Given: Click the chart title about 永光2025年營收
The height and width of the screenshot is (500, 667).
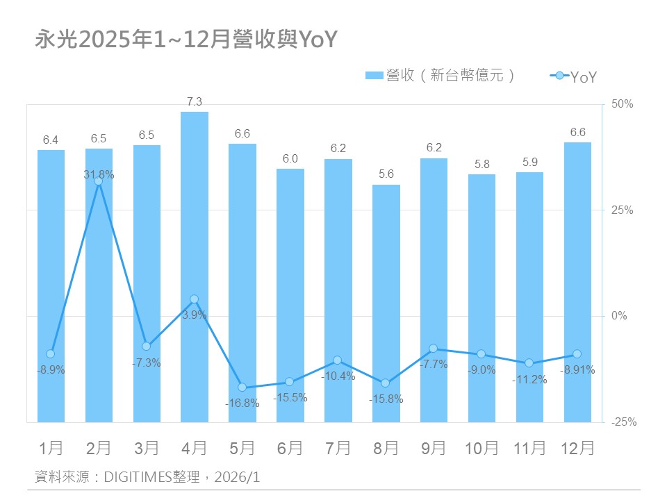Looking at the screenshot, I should coord(186,40).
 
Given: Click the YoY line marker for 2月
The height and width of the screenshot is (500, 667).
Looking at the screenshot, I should coord(99,181).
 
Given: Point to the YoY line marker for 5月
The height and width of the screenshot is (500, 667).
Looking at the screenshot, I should coord(242,387).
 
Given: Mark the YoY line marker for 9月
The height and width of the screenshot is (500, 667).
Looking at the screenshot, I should coord(434,348).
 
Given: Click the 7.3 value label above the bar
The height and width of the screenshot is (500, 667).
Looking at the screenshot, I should coord(195,101).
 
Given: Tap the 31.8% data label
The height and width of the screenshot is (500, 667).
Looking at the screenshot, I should coord(99,175).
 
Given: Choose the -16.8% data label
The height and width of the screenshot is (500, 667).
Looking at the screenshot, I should coord(242,403).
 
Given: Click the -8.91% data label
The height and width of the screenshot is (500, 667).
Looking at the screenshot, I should coord(578,370).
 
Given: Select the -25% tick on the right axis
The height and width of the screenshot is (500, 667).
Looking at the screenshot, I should coord(623,422).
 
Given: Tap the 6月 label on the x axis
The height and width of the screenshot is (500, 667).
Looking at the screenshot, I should coord(290,449).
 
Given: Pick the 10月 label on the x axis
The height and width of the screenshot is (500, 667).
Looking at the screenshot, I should coord(481,449).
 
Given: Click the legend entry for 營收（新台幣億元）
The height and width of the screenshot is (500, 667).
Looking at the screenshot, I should coord(441,76).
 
